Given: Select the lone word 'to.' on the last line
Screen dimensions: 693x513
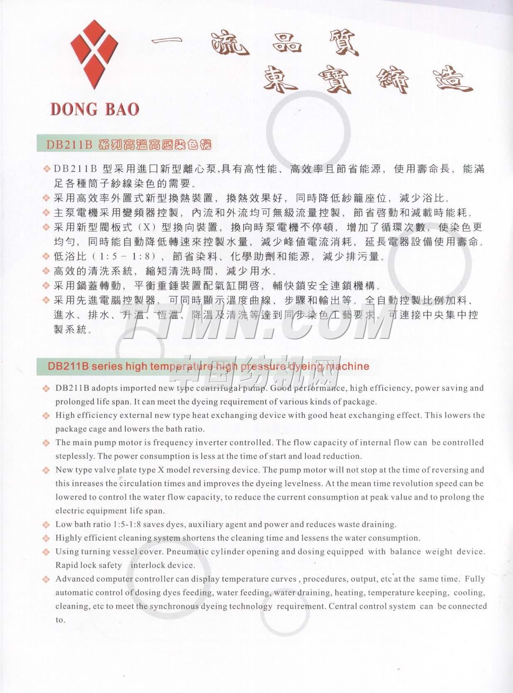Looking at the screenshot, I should tap(61, 620).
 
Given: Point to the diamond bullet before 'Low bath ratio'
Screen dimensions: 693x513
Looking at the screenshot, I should tap(46, 525).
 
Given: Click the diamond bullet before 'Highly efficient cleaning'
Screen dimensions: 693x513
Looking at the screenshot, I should tap(46, 539).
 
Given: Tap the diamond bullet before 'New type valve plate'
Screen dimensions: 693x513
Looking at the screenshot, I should tap(46, 470).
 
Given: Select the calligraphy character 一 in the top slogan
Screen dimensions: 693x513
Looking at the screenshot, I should tap(166, 41).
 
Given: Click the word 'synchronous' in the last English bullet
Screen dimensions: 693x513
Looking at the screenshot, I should tap(174, 606).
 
